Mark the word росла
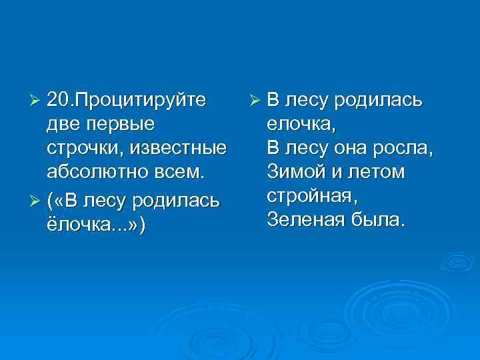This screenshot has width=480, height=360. point(405,148)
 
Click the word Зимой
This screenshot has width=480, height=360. point(294,172)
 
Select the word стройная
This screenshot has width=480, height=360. point(312,197)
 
